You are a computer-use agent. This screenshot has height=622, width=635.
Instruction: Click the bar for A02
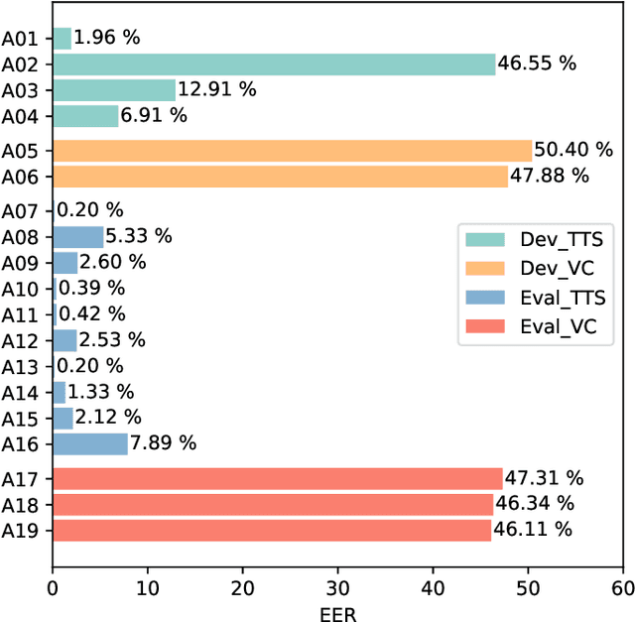274,64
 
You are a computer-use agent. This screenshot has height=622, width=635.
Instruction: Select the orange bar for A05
292,151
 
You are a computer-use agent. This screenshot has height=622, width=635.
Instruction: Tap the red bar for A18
273,505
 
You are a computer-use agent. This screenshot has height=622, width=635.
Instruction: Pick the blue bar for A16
90,443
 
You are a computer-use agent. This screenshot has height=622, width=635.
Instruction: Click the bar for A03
114,90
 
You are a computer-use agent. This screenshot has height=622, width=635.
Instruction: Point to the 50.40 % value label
573,151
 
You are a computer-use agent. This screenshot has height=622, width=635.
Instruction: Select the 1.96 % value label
107,39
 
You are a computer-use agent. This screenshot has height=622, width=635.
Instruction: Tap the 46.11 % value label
532,530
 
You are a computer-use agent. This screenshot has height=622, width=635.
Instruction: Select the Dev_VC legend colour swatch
485,269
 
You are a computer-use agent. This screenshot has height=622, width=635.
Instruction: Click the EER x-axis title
338,612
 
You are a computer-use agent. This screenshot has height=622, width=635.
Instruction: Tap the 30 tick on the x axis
338,588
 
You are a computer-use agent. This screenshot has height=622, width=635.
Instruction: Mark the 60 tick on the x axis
623,588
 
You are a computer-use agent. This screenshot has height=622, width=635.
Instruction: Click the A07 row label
20,210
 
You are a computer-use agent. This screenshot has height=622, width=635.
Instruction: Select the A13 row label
20,366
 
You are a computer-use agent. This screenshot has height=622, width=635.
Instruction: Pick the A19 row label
20,531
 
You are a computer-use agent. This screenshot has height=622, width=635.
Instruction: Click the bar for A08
77,236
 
